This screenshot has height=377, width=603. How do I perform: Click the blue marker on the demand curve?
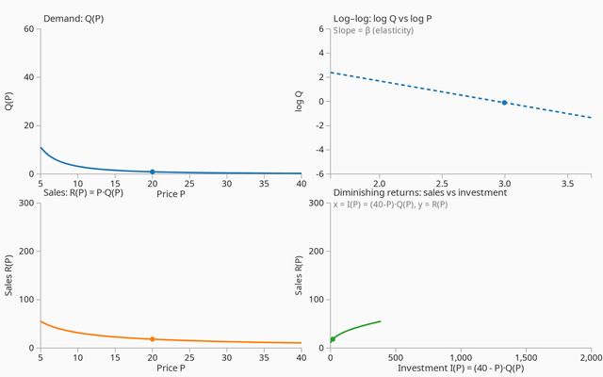pyautogui.click(x=152, y=172)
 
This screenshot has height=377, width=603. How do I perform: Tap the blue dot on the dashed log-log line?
pyautogui.click(x=504, y=102)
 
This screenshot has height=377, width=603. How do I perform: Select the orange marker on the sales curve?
pyautogui.click(x=152, y=339)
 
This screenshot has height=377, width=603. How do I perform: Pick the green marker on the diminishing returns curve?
pyautogui.click(x=332, y=339)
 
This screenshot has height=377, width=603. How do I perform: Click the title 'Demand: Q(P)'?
pyautogui.click(x=76, y=19)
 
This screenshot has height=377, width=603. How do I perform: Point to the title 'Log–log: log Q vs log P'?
pyautogui.click(x=389, y=19)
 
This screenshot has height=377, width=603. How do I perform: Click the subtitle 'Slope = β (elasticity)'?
pyautogui.click(x=373, y=30)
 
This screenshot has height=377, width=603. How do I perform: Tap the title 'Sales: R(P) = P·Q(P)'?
pyautogui.click(x=84, y=192)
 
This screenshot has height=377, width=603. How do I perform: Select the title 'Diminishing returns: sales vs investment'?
pyautogui.click(x=420, y=192)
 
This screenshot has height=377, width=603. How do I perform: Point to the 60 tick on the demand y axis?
pyautogui.click(x=29, y=28)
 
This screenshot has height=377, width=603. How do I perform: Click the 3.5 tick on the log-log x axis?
pyautogui.click(x=567, y=183)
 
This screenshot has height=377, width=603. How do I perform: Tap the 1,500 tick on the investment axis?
pyautogui.click(x=525, y=357)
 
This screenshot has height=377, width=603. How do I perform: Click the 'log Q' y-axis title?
pyautogui.click(x=300, y=101)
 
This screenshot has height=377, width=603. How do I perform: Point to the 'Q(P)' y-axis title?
pyautogui.click(x=9, y=101)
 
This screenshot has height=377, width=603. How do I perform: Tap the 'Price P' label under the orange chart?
pyautogui.click(x=171, y=368)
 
